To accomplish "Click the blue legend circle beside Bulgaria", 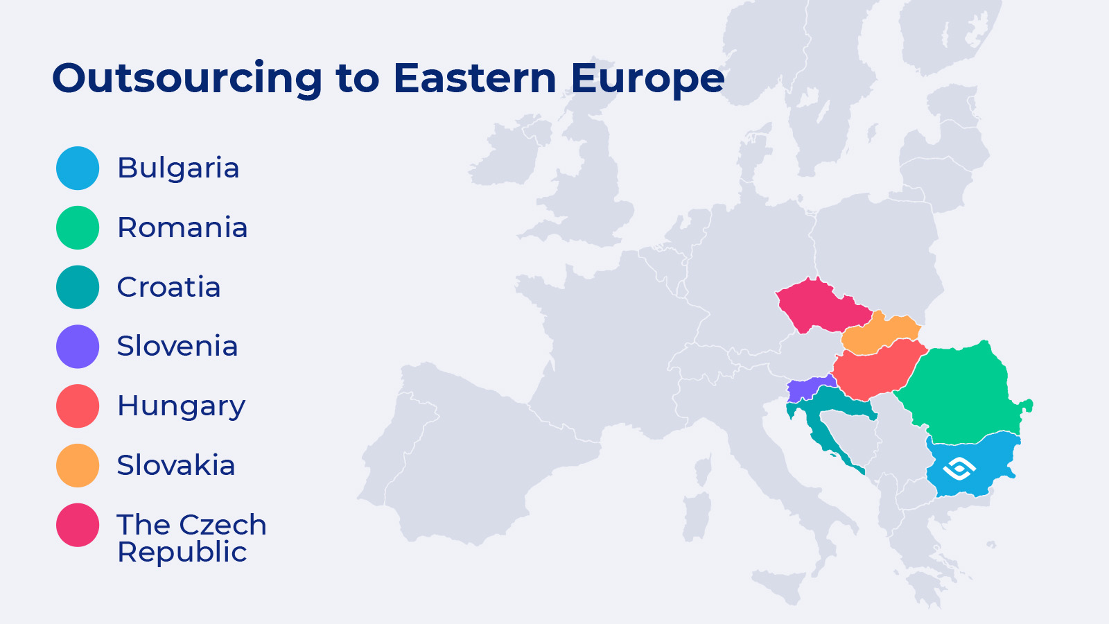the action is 78,168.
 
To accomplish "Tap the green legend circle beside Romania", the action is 78,227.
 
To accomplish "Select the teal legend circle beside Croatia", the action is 78,287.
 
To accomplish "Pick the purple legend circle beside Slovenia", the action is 78,346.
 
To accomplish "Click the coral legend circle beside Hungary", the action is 78,406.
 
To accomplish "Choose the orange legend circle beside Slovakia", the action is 78,465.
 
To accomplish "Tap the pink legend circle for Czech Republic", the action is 78,525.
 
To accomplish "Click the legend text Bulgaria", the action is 178,168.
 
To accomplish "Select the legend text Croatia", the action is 168,287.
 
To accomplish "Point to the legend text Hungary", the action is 181,406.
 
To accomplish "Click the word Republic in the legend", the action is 182,553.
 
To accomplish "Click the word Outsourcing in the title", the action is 187,78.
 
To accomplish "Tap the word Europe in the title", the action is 647,78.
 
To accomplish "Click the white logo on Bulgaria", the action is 959,469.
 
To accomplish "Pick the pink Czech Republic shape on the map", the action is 818,305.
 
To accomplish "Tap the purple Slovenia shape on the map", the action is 807,389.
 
